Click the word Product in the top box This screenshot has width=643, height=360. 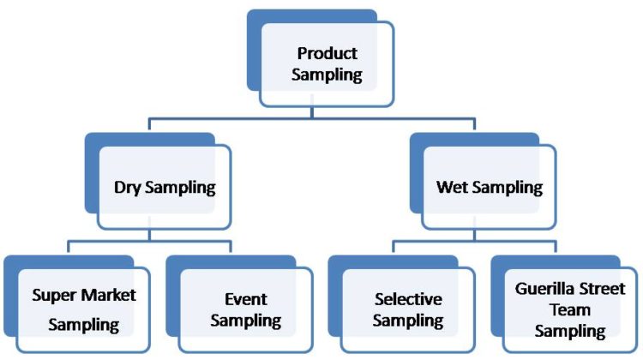pos(327,53)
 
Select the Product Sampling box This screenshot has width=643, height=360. pos(327,64)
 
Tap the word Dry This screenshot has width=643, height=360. pos(128,188)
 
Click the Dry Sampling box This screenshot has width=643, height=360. pos(165,187)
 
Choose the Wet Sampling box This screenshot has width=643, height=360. pos(489,187)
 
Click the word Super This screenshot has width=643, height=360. pos(52,295)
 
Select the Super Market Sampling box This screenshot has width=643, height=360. pos(83,309)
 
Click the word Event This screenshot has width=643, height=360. pos(246,299)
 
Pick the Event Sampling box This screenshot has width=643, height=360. pos(246,309)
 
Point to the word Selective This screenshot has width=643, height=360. pos(408,299)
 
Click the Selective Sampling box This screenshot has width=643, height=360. pos(408,309)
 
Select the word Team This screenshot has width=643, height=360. pos(570,309)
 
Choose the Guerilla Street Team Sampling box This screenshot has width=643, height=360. pos(570,309)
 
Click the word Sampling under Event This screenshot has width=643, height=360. pos(246,321)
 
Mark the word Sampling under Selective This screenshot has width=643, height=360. pos(408,321)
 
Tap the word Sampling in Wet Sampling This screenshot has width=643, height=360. pos(510,188)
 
